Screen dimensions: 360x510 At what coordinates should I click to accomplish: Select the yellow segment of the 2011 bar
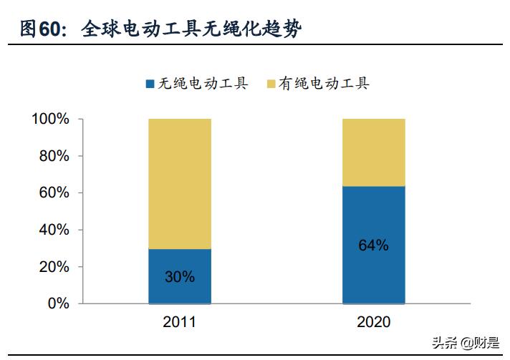[180, 184]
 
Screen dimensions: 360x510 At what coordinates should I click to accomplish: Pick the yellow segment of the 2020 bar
[373, 152]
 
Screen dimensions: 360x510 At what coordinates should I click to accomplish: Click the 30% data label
[179, 276]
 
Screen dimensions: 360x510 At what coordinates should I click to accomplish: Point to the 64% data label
[373, 245]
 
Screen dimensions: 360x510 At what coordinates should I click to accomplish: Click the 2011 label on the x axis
[180, 322]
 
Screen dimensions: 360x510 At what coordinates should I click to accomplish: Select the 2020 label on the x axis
[373, 322]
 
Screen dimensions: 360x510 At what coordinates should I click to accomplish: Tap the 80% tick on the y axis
[54, 156]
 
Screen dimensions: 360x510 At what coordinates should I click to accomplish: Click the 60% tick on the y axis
[54, 193]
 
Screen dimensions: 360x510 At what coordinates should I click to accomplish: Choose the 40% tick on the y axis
[54, 230]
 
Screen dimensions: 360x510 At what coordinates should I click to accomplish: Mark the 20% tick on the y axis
[54, 267]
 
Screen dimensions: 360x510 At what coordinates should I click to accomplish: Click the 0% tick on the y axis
[57, 303]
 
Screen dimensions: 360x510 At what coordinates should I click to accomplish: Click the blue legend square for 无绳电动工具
[150, 84]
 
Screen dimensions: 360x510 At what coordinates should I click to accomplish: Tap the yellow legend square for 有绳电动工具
[271, 84]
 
